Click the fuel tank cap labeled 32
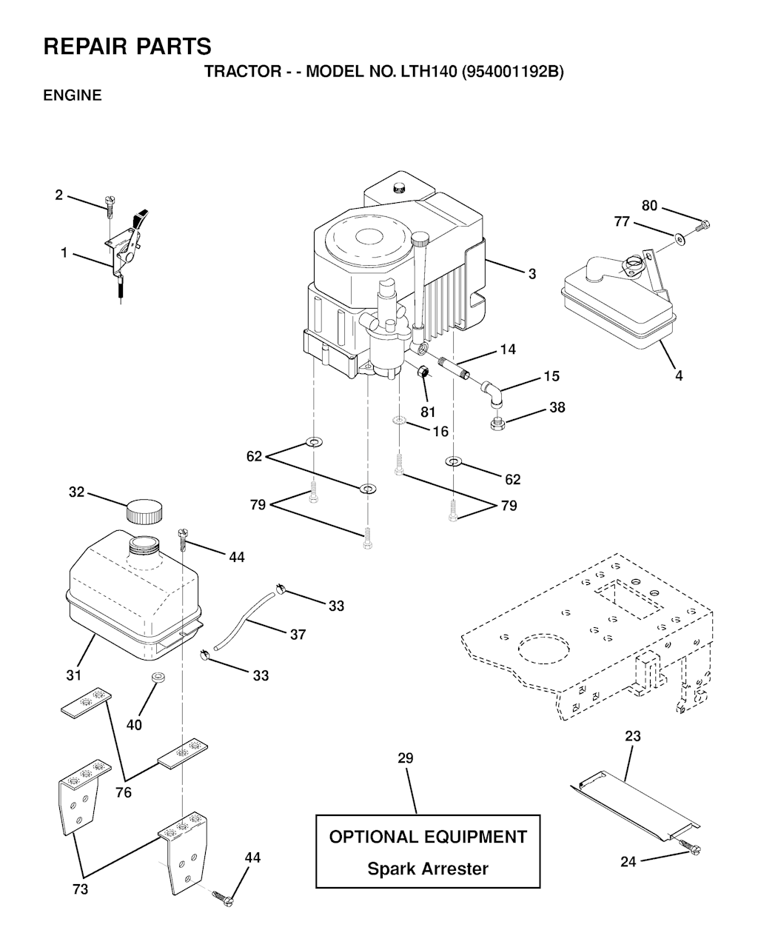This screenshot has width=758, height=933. tap(144, 510)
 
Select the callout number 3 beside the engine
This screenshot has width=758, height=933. tap(531, 274)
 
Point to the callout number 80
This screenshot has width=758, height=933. tap(649, 206)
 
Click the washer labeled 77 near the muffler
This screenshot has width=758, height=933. tap(679, 238)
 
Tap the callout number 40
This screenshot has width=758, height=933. tap(134, 725)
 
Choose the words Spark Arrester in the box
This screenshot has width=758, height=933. tap(428, 869)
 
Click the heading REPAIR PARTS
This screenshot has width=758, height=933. tap(127, 47)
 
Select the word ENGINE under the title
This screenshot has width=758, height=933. tap(73, 96)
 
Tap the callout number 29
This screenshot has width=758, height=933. tap(405, 758)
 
